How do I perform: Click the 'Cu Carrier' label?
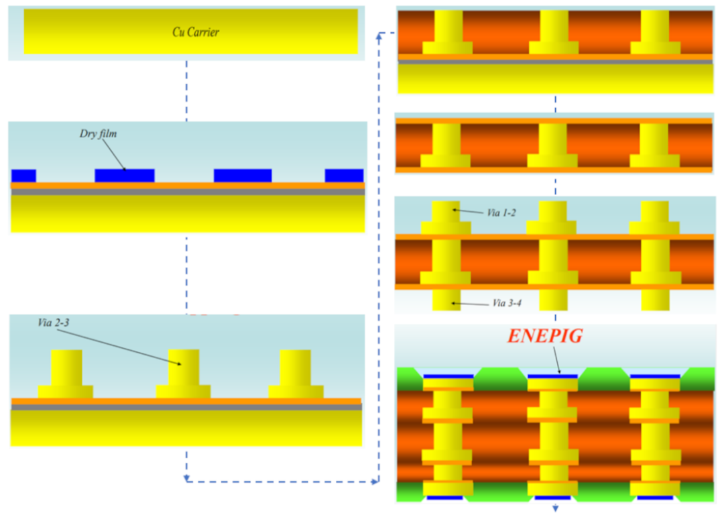pos(196,32)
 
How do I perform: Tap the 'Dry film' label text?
pos(99,133)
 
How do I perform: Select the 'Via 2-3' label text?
pos(54,323)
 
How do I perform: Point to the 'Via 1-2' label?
pos(501,213)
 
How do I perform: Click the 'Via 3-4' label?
pos(507,303)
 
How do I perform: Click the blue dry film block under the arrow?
pos(125,175)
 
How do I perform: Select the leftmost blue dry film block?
pos(23,176)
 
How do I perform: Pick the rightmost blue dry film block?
pos(344,175)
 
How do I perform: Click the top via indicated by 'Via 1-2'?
pos(446,211)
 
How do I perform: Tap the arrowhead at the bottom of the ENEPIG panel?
pos(555,509)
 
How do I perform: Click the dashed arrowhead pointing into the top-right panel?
pos(379,36)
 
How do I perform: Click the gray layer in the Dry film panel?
pos(188,192)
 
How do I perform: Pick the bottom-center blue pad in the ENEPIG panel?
pos(552,498)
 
